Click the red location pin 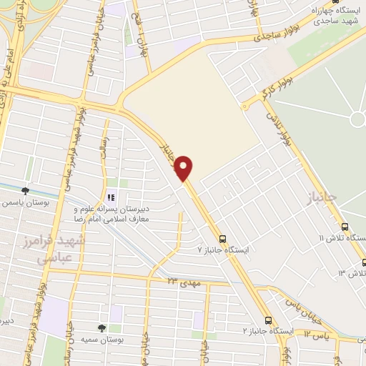[184, 167]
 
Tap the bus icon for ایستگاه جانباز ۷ [222, 239]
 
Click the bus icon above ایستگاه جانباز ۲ [268, 320]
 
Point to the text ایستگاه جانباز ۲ [267, 331]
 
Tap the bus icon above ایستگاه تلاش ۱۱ [343, 227]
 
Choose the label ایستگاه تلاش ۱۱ [342, 238]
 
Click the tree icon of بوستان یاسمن [26, 191]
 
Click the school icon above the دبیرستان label [110, 197]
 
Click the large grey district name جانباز [312, 195]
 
